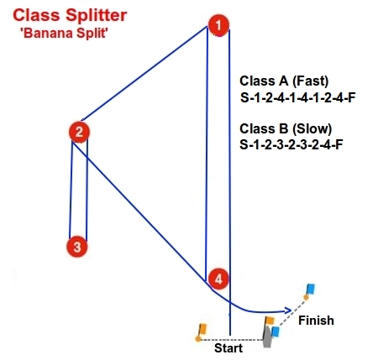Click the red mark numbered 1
point(218,25)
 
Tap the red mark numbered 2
point(79,132)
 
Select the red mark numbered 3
point(77,247)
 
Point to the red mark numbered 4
point(218,279)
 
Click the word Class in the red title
point(37,15)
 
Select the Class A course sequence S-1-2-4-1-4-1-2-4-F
point(297,98)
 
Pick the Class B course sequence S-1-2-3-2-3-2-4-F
point(291,144)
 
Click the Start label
point(228,348)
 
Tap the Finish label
point(316,321)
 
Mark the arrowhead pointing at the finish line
point(288,310)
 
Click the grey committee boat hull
point(268,336)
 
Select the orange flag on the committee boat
point(270,321)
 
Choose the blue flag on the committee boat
point(276,331)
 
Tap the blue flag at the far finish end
point(310,289)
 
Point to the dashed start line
point(232,340)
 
